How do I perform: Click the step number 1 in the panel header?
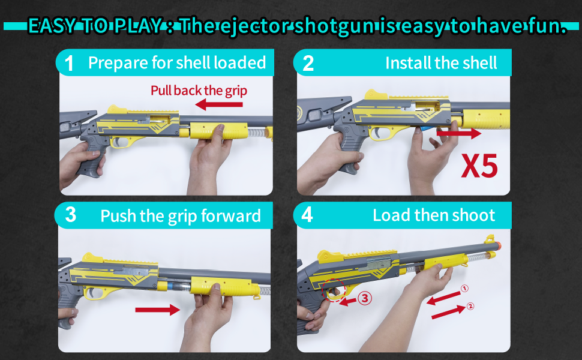click(x=68, y=64)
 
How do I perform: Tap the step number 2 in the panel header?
click(x=308, y=64)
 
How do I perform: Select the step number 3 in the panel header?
click(x=71, y=215)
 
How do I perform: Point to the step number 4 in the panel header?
click(x=307, y=215)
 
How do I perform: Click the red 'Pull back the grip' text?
click(x=199, y=91)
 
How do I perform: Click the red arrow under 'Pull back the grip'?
click(x=218, y=105)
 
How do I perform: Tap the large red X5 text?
click(x=479, y=166)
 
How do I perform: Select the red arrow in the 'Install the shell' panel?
click(x=459, y=133)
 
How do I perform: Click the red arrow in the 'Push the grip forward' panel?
click(x=157, y=310)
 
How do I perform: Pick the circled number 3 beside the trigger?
click(x=364, y=298)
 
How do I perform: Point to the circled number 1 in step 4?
click(x=464, y=289)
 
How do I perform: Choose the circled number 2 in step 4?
click(x=470, y=306)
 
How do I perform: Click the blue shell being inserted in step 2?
click(x=427, y=128)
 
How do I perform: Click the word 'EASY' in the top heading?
click(x=52, y=26)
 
